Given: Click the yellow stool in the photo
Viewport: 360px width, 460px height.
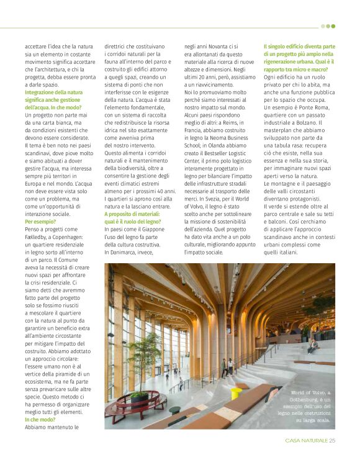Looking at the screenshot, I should coord(236,393).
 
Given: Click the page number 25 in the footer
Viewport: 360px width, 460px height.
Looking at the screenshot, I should coord(332,441).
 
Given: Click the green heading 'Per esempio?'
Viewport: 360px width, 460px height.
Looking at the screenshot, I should coord(40,221).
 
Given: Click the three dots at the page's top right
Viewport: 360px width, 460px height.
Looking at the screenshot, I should coord(328,26).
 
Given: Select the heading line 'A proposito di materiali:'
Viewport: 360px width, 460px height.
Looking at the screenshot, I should coord(132,213).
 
